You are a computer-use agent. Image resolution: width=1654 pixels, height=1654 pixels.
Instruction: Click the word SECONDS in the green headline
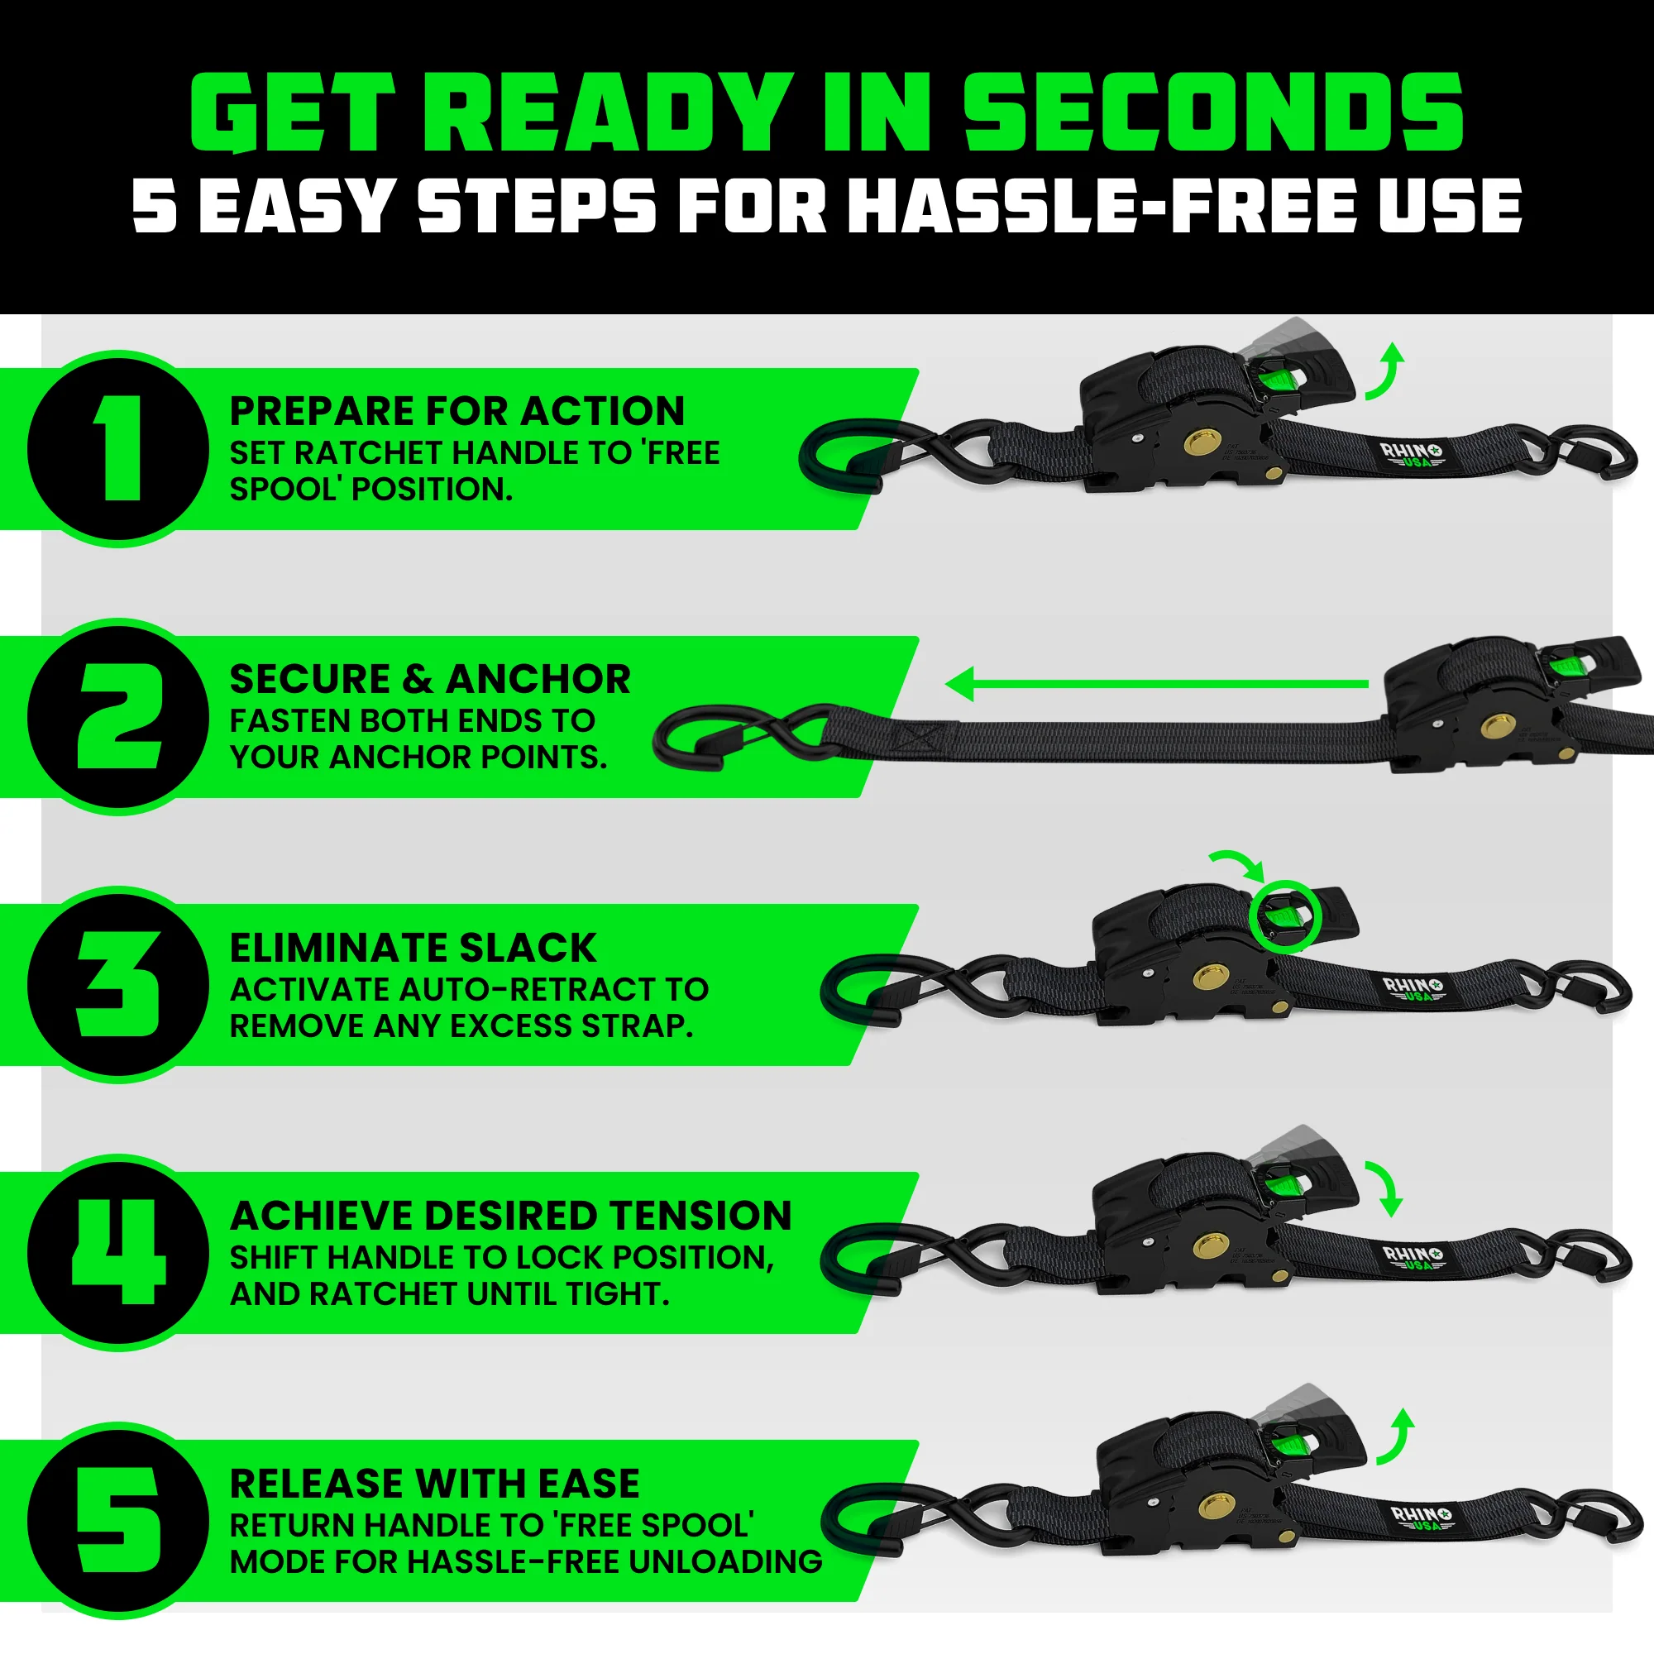(1213, 113)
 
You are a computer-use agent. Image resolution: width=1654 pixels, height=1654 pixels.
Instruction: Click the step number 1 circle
(119, 448)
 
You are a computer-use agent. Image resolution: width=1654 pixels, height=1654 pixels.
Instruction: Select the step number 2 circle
(119, 716)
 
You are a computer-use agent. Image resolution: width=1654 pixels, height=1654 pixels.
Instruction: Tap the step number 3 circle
(119, 984)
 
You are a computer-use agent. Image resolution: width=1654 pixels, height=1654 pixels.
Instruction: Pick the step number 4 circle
(119, 1252)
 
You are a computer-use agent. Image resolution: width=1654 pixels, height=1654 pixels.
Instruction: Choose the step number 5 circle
(119, 1521)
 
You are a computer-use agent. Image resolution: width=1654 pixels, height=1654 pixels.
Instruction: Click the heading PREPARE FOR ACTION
(457, 412)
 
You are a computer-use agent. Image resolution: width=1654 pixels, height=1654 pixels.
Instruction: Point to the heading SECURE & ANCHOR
(430, 680)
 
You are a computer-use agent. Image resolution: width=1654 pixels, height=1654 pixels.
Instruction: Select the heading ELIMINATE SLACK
(413, 948)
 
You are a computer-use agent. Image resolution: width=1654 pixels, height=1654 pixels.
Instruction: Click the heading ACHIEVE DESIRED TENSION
(510, 1216)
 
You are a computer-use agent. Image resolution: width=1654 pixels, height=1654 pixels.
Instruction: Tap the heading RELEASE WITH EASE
(434, 1484)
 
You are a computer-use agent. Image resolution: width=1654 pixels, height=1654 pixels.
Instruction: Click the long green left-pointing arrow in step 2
(1156, 684)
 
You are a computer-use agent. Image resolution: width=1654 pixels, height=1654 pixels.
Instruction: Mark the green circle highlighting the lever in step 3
(1285, 916)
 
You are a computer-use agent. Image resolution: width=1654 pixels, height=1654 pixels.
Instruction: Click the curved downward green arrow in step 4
(1384, 1188)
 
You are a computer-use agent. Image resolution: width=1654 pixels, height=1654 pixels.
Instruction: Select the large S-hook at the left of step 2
(745, 735)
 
